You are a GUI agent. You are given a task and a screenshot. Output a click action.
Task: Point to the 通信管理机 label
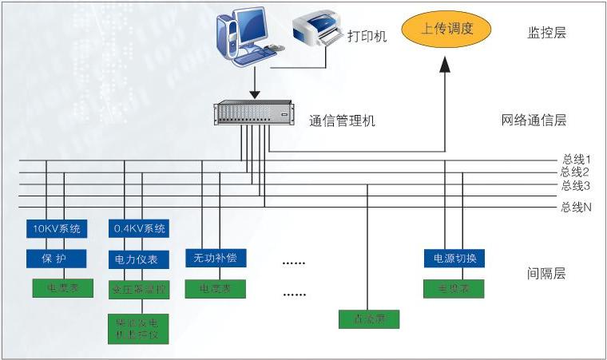(342, 121)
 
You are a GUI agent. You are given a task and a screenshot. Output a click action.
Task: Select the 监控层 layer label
(546, 33)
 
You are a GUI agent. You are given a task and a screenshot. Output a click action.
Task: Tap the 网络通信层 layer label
(534, 121)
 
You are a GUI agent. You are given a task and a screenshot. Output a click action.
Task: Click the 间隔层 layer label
(546, 274)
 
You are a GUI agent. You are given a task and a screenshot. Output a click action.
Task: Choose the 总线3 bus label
(575, 185)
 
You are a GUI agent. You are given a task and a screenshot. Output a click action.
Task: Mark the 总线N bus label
(575, 208)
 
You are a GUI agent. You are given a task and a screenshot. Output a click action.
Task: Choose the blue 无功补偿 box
(216, 259)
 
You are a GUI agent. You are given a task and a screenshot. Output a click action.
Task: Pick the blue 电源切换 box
(454, 259)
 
